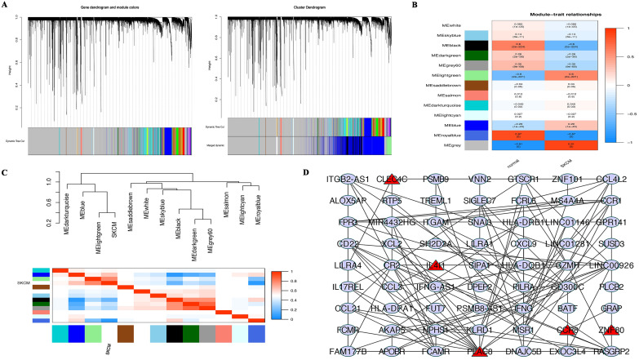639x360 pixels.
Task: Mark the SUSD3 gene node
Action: coord(606,244)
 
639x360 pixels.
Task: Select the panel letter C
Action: coord(7,173)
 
